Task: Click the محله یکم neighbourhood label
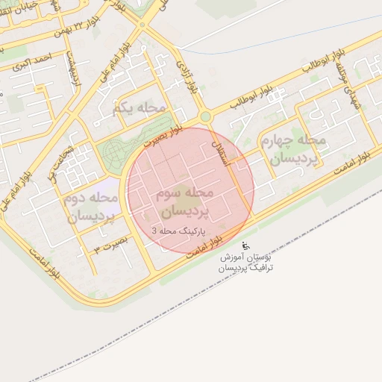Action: [x=139, y=108]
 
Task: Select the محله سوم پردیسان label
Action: [x=186, y=201]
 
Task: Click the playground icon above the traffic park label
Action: [x=247, y=245]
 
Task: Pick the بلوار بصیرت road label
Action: [x=163, y=135]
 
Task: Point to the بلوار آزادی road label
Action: [x=189, y=77]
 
